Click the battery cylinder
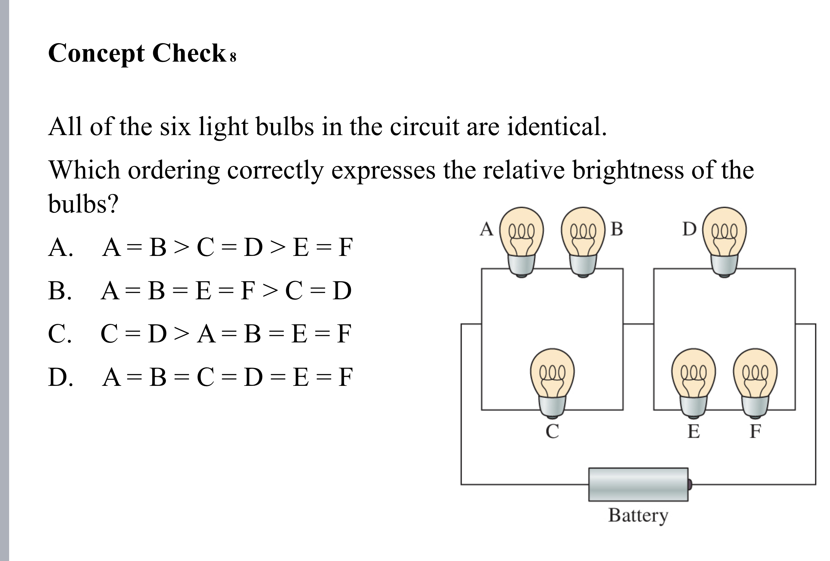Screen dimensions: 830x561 pyautogui.click(x=638, y=484)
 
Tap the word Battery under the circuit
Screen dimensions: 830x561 pyautogui.click(x=638, y=515)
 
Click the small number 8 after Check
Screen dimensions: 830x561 pyautogui.click(x=233, y=57)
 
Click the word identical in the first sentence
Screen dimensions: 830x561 pyautogui.click(x=557, y=127)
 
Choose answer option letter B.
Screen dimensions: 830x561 pyautogui.click(x=59, y=291)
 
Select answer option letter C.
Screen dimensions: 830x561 pyautogui.click(x=59, y=334)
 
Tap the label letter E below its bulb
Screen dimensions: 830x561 pyautogui.click(x=694, y=431)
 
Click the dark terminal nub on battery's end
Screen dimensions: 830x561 pyautogui.click(x=690, y=484)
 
